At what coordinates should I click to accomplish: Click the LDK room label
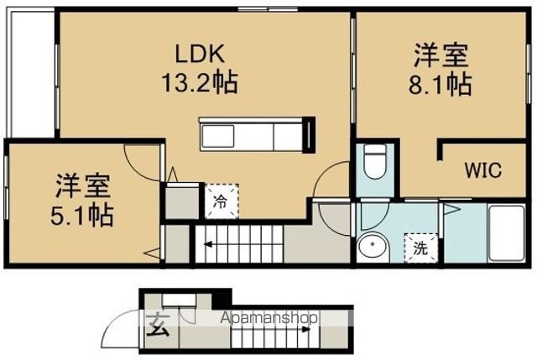click(201, 54)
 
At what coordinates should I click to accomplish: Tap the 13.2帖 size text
click(200, 82)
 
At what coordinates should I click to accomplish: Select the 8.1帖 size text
click(441, 84)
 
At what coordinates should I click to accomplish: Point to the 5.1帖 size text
click(82, 215)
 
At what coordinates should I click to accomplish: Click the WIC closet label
click(483, 170)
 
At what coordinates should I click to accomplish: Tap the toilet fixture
click(375, 161)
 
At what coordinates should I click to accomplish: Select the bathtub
click(507, 233)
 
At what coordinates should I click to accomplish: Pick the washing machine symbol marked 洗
click(420, 248)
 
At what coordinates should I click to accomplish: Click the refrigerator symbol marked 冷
click(222, 201)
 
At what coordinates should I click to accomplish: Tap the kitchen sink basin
click(218, 136)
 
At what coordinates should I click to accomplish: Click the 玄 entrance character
click(158, 326)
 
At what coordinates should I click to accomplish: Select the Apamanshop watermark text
click(268, 318)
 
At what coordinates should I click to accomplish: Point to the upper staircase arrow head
click(207, 244)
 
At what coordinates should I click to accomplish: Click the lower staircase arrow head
click(307, 330)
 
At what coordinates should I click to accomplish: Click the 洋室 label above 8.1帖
click(441, 55)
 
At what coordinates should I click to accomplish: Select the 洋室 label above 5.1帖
click(83, 186)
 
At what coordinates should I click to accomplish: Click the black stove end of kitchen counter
click(310, 135)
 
